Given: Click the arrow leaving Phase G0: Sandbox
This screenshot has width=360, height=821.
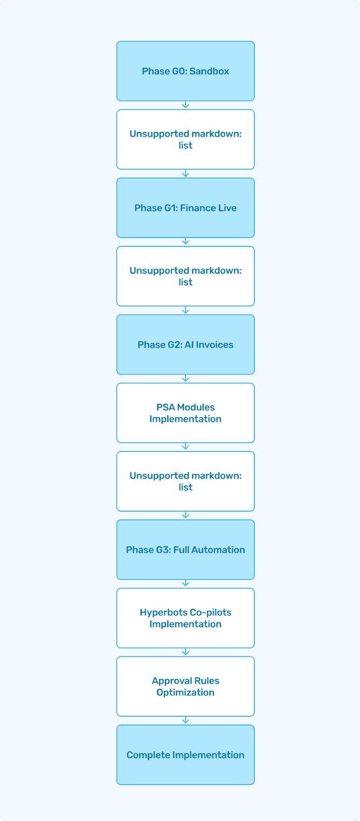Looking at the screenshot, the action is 186,105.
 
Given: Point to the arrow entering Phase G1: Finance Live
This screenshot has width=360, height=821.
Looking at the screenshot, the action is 186,173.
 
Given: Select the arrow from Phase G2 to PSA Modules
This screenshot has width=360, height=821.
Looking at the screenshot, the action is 186,379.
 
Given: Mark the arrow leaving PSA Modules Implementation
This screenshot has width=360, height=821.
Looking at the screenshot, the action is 186,447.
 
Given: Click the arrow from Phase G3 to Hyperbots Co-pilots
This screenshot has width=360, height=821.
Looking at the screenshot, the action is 186,584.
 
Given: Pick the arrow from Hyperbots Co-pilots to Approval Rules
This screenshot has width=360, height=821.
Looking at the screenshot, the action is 186,652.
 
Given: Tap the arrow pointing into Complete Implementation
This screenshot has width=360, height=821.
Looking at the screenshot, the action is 186,720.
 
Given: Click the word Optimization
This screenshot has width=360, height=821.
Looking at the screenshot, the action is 185,692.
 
